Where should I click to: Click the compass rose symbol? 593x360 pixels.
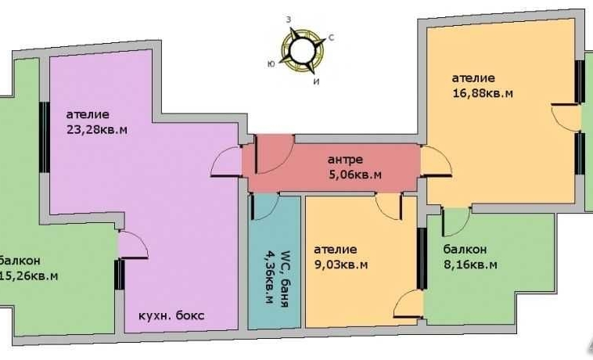tap(302, 50)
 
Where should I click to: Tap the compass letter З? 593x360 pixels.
tap(289, 20)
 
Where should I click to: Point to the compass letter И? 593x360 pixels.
tap(317, 81)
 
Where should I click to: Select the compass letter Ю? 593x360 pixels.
tap(271, 64)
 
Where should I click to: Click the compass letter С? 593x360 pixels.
tap(331, 37)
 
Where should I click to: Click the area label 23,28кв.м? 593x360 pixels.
tap(96, 130)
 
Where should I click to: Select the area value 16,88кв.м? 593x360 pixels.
tap(483, 93)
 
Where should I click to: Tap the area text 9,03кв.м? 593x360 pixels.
tap(341, 265)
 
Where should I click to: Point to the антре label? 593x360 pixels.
tap(345, 160)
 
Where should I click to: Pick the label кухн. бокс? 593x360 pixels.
tap(171, 315)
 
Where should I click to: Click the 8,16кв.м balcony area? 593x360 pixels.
tap(470, 265)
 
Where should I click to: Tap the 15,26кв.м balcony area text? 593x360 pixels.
tap(29, 276)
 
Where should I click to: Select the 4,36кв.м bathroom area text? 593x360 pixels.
tap(269, 279)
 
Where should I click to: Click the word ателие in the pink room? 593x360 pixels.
tap(88, 114)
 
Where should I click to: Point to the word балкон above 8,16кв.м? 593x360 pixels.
tap(465, 249)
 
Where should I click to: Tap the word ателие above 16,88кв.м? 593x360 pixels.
tap(473, 78)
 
